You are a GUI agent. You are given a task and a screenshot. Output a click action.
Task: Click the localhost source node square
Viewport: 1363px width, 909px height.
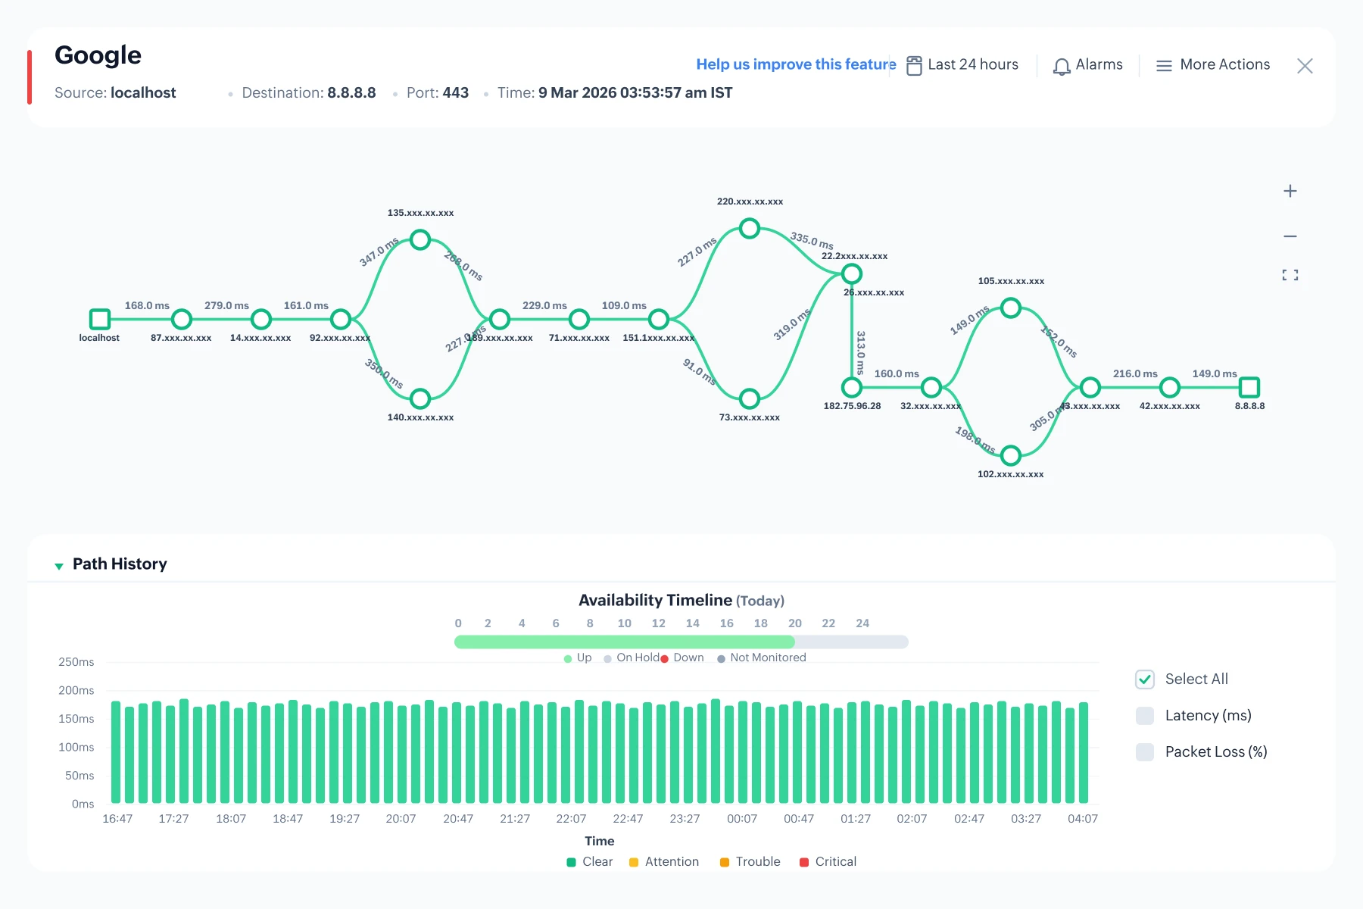99,319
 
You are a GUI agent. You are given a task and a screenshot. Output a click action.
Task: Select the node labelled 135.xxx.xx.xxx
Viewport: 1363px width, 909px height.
420,240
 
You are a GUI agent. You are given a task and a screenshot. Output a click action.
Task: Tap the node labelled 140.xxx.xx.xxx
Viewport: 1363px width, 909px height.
420,398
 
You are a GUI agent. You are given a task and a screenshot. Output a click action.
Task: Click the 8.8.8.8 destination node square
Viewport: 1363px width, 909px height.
1249,387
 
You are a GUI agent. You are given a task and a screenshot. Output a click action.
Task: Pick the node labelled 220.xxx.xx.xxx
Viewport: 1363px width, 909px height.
750,228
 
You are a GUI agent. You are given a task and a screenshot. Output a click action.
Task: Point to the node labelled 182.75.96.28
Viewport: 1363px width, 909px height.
852,387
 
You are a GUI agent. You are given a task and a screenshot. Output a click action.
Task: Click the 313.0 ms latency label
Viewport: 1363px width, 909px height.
861,352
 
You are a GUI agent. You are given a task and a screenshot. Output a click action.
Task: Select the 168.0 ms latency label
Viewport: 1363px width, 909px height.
147,305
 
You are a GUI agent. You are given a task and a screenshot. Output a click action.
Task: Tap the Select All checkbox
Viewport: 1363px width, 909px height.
1145,679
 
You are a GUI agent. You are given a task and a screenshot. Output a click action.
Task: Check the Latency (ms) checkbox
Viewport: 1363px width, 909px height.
1145,716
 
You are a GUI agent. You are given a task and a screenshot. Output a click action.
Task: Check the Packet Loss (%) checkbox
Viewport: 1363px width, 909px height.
1145,752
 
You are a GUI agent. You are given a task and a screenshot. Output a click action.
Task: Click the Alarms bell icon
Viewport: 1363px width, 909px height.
1062,66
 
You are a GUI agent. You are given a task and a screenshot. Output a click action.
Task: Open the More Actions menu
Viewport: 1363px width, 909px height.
1213,65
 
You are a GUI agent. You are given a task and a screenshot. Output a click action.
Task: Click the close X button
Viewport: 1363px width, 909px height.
1305,66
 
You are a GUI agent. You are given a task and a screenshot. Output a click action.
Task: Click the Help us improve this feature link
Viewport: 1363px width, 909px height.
796,64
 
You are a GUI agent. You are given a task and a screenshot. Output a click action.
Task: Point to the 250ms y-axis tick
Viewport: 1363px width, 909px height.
76,662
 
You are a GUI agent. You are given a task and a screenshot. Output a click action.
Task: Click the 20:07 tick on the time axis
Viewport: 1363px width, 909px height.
401,819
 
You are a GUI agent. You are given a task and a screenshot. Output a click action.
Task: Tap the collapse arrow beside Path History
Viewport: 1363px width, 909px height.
59,566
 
